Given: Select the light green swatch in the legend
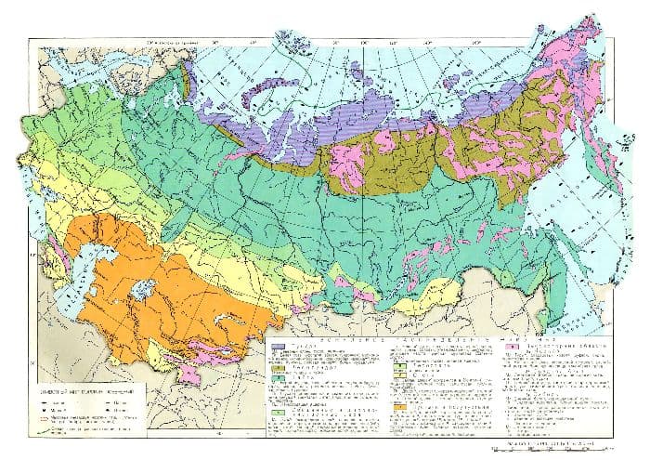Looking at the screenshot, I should pyautogui.click(x=277, y=409).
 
